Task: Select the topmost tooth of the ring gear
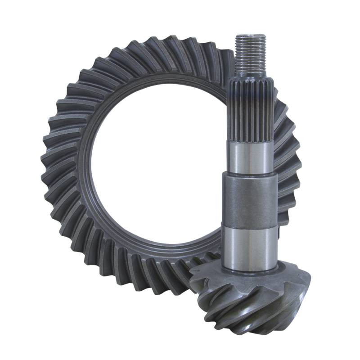tap(180, 43)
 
